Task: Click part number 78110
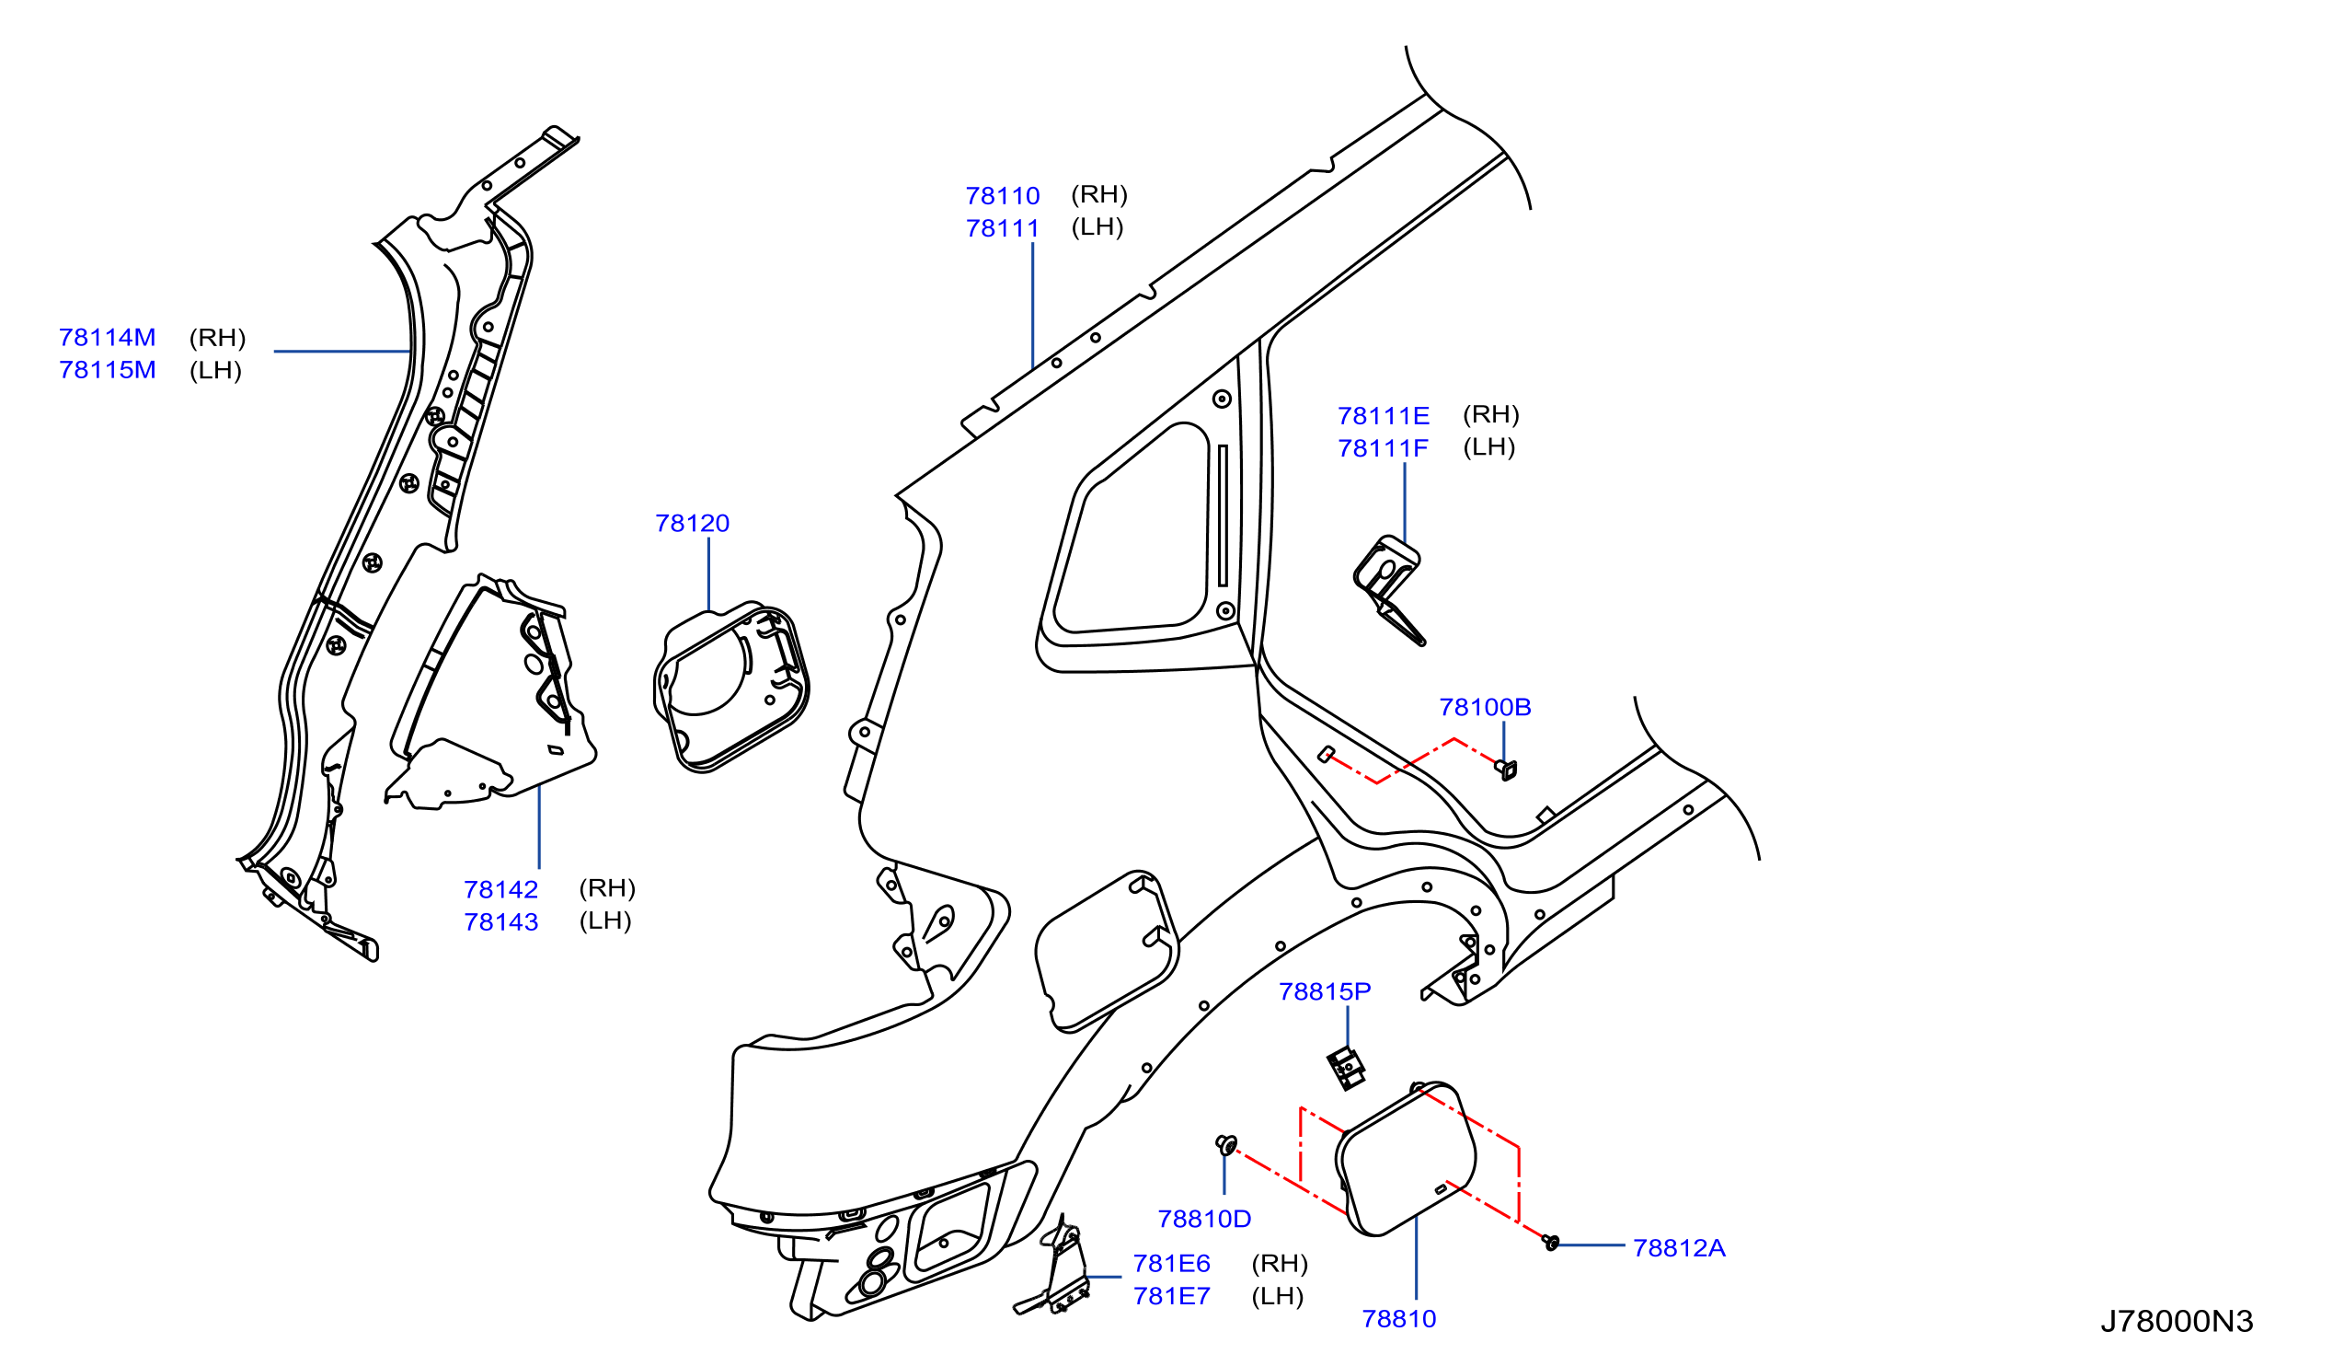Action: tap(1003, 196)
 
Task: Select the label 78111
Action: tap(1003, 229)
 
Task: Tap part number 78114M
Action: tap(107, 338)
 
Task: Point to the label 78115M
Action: tap(107, 370)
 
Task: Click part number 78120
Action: tap(692, 524)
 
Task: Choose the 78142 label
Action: tap(501, 890)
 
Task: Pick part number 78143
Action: tap(501, 922)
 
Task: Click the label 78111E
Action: tap(1384, 416)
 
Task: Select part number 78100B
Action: tap(1485, 707)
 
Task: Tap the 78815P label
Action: tap(1325, 992)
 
